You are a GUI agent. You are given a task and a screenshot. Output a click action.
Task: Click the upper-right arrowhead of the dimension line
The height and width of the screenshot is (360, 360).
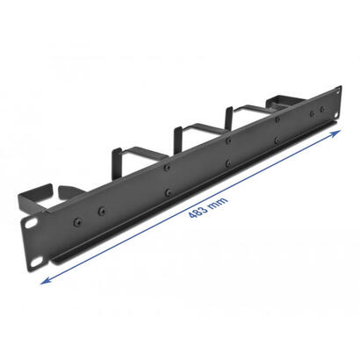339,132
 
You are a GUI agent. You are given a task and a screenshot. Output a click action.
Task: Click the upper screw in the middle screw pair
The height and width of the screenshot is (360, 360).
227,140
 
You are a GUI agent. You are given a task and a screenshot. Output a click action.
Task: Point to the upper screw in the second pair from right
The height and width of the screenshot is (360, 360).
276,118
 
